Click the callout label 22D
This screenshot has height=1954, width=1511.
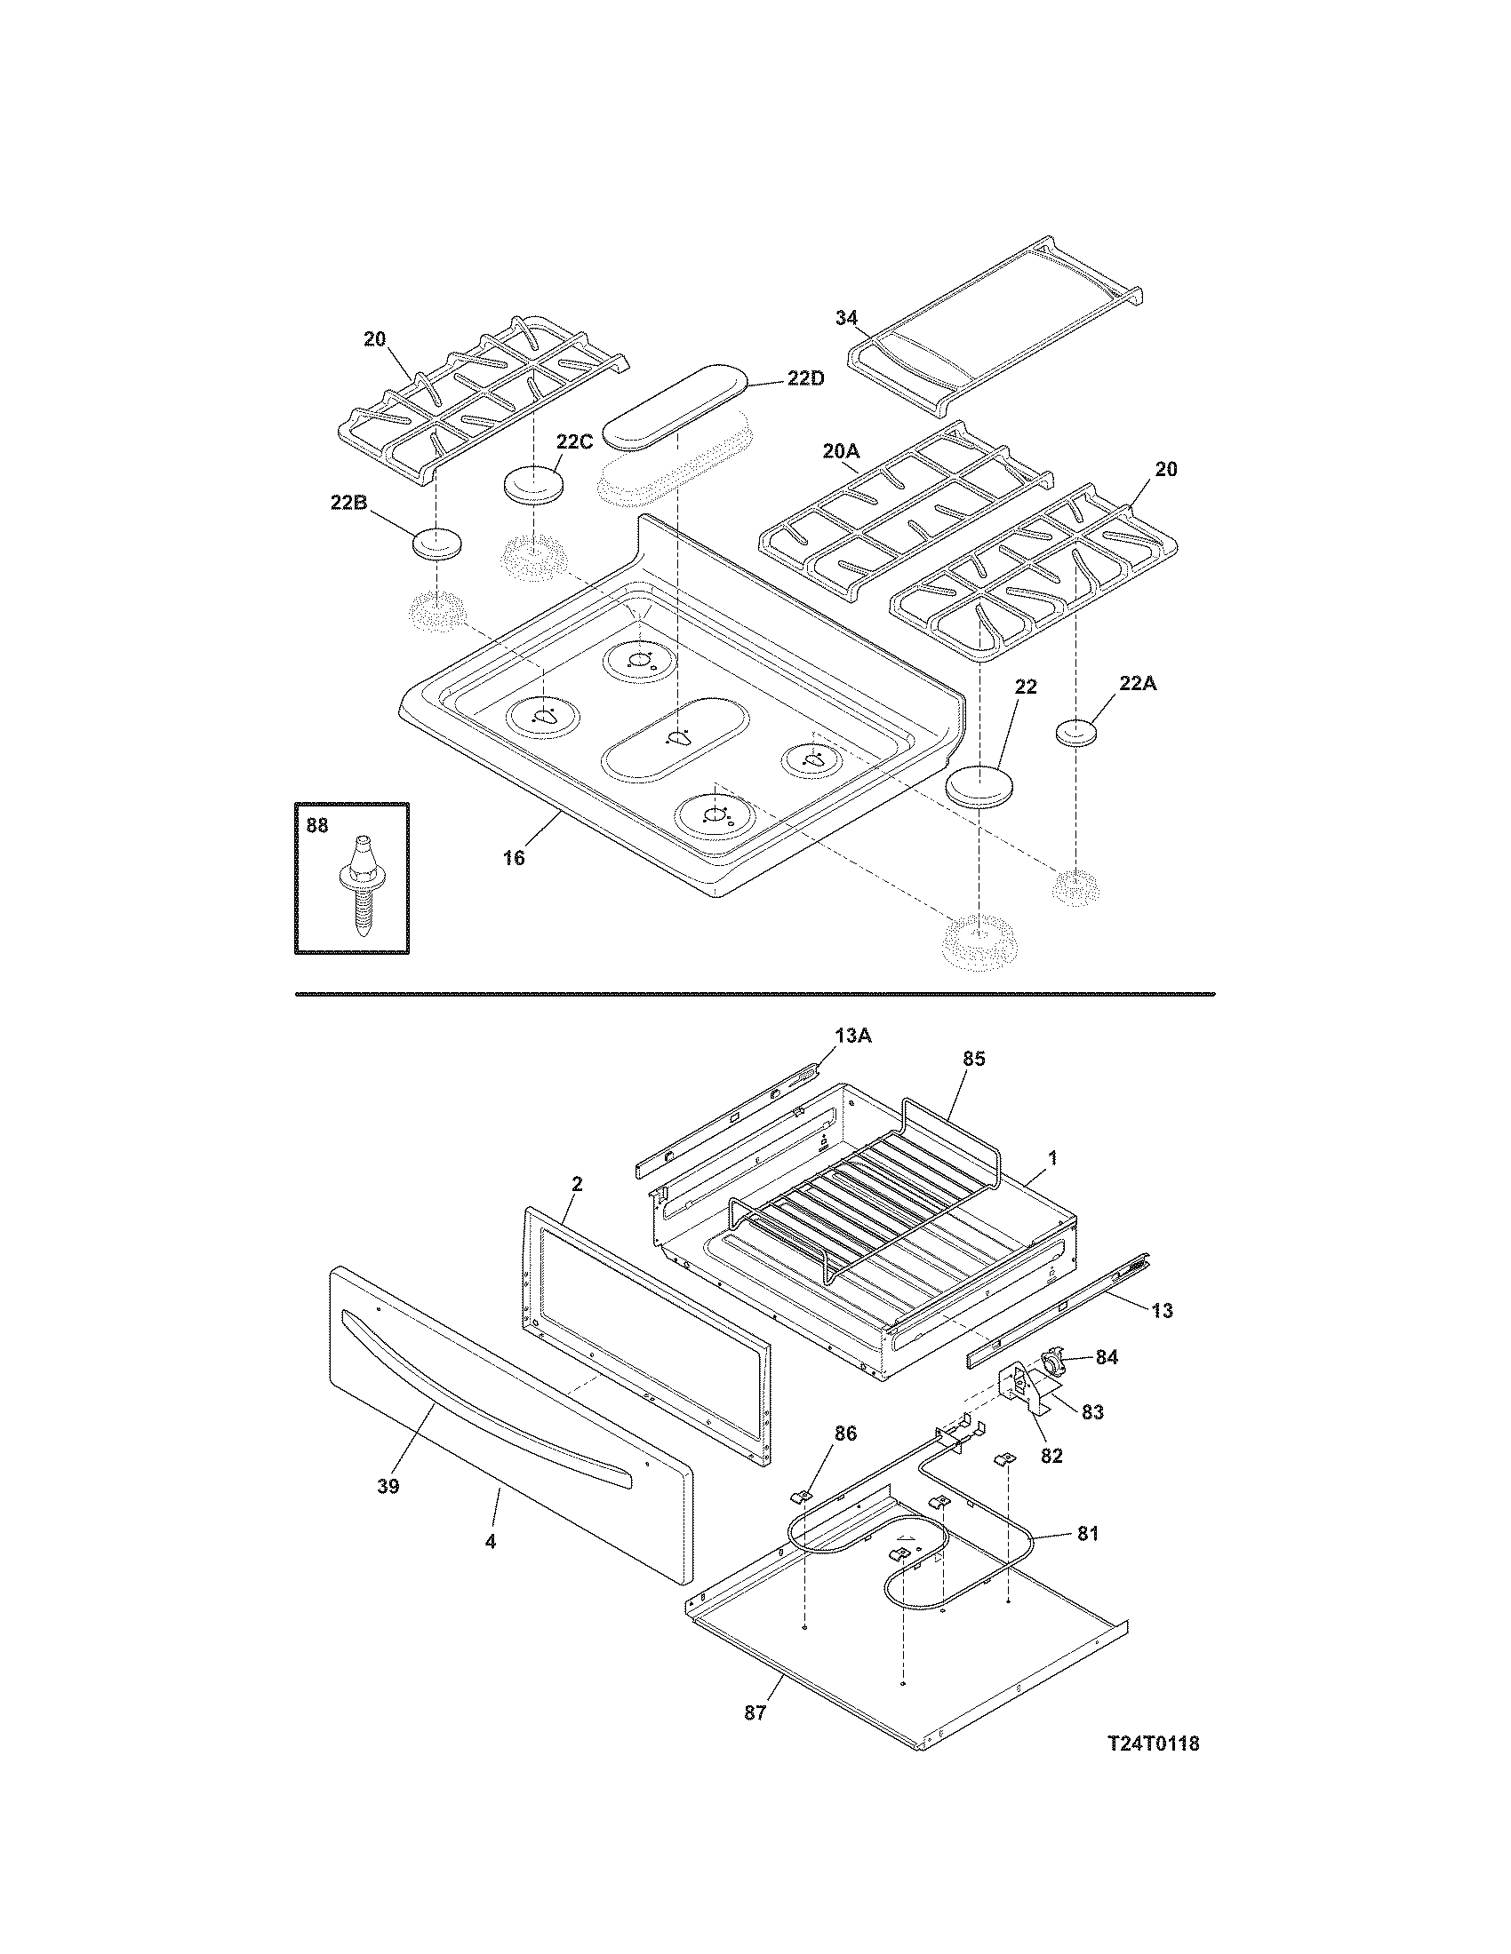tap(806, 378)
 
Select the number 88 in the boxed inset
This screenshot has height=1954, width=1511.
tap(317, 826)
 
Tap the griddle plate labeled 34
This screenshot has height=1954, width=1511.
tap(995, 328)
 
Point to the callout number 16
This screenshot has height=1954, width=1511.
tap(513, 859)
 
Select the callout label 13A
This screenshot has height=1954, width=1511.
tap(852, 1035)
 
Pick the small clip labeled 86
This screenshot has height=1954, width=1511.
tap(800, 1495)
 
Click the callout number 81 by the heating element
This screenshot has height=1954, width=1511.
tap(1087, 1534)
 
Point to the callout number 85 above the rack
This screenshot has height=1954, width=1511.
tap(974, 1059)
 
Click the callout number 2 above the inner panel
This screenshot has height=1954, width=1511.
tap(577, 1184)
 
